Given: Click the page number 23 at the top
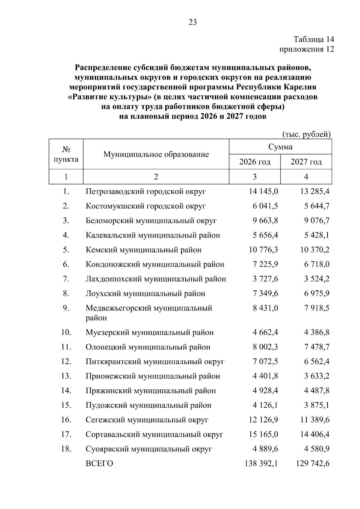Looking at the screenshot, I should [193, 22].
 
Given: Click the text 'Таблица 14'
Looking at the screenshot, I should [314, 39].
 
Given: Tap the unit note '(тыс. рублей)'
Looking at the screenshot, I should [307, 134].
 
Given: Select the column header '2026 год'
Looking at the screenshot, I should [255, 162].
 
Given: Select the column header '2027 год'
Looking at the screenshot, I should [306, 162].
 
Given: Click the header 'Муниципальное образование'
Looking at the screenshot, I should [156, 154].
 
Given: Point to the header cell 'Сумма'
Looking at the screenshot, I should [280, 147].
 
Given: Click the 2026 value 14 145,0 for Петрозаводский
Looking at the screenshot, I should [263, 191].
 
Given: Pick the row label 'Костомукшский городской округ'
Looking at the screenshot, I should [146, 206].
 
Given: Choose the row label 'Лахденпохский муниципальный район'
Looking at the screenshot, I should [156, 279].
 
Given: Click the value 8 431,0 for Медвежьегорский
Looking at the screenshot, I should [265, 308].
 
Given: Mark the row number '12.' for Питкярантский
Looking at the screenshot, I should [66, 361].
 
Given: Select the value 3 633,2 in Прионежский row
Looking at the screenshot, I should [316, 376].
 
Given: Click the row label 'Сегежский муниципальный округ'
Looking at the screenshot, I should [147, 420].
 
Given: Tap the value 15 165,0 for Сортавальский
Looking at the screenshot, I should [263, 434].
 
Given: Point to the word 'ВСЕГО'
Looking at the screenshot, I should [99, 464].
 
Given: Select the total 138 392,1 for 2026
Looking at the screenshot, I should [261, 464].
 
